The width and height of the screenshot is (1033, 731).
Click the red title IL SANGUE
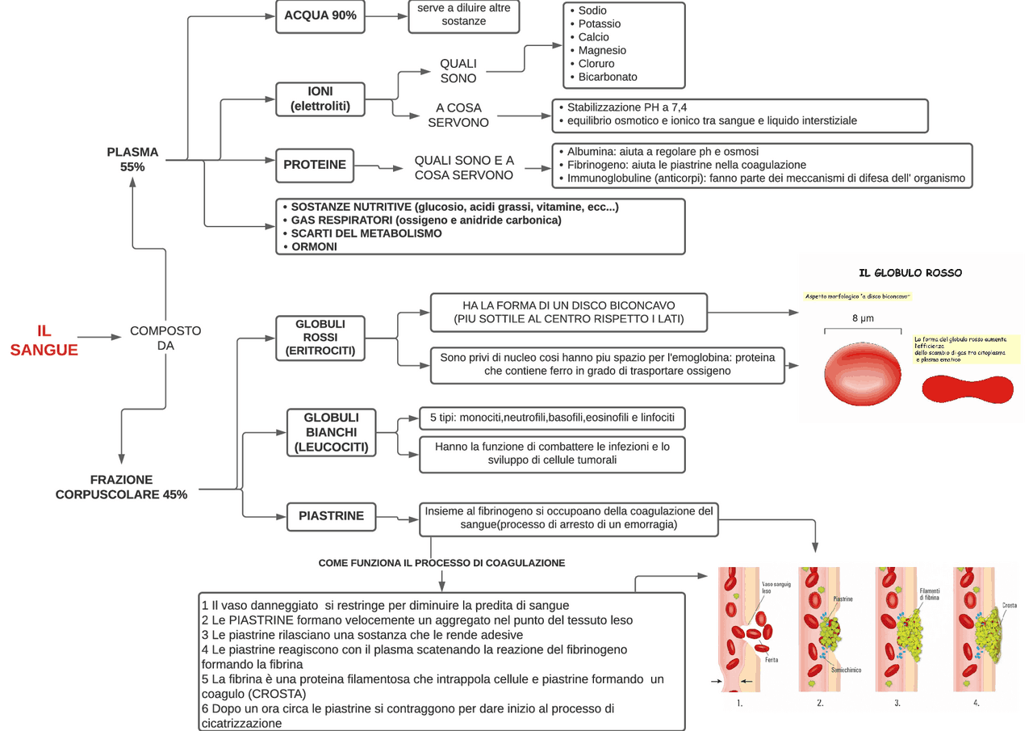(x=44, y=340)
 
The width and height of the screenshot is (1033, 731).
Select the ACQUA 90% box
(x=320, y=16)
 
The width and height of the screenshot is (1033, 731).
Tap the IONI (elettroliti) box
(x=320, y=99)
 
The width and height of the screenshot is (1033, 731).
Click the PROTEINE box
(x=315, y=165)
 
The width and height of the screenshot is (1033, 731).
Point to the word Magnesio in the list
(x=602, y=50)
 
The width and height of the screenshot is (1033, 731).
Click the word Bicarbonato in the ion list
(x=608, y=77)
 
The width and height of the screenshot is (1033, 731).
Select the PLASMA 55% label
(x=132, y=159)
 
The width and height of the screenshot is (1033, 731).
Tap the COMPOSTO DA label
(x=165, y=338)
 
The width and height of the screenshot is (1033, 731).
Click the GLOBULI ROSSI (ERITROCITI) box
(x=320, y=337)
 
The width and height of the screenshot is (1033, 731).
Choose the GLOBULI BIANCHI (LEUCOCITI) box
(x=331, y=432)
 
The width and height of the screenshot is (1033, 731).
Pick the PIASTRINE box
(x=331, y=515)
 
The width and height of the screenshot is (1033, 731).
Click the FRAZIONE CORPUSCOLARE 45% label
(x=121, y=486)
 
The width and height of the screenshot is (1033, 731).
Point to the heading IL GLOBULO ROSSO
(x=910, y=273)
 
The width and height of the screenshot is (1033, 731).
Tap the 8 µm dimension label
(x=863, y=318)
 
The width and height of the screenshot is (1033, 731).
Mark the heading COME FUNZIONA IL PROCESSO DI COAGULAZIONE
(x=441, y=562)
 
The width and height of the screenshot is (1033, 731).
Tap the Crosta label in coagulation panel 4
(x=1009, y=605)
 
